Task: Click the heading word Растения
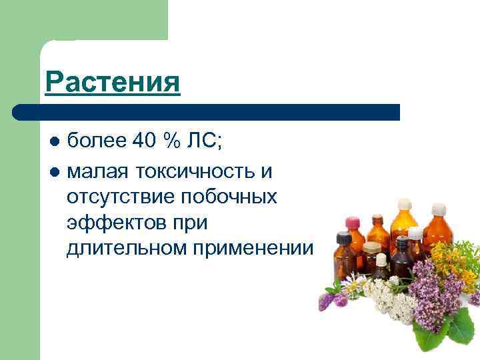point(113,83)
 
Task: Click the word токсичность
point(195,172)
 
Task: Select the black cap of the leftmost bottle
point(344,236)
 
